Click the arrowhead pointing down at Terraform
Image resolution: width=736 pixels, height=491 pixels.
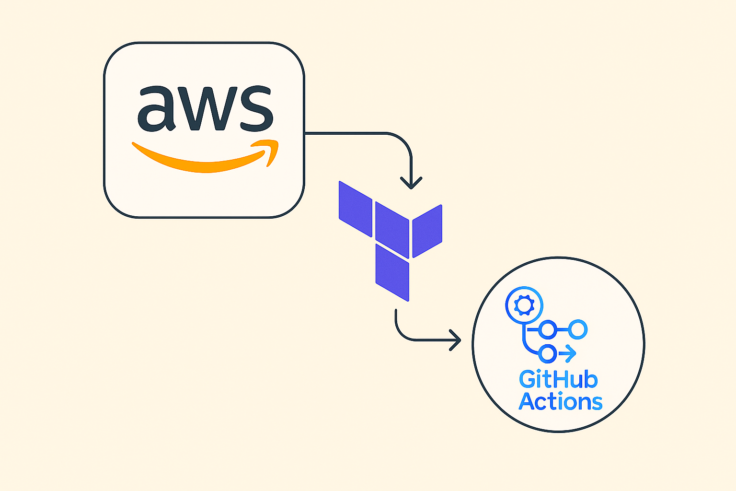[x=411, y=184]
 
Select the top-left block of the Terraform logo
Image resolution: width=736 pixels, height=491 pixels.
[x=356, y=209]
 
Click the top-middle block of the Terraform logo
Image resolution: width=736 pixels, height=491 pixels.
[x=392, y=230]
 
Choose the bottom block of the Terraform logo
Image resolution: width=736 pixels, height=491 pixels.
[x=392, y=272]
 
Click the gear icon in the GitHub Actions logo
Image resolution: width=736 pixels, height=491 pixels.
[x=524, y=304]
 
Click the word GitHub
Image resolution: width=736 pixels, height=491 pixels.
[x=558, y=380]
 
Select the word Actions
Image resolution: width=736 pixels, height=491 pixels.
[x=561, y=401]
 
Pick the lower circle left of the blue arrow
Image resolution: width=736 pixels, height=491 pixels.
[x=548, y=354]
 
